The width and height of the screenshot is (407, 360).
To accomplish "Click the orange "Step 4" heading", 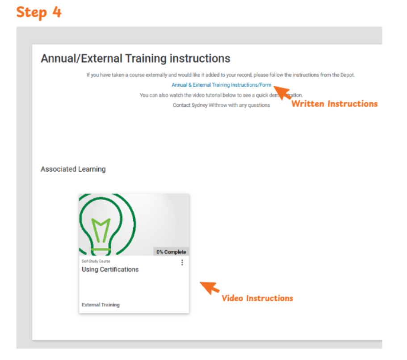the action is pos(39,13).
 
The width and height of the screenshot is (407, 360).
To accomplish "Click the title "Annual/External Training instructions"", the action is pos(135,59).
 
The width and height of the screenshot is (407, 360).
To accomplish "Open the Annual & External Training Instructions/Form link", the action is pos(222,85).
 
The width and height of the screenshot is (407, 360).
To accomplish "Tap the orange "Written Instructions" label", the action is pos(335,104).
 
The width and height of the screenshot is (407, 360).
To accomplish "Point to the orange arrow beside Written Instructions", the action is pos(282,93).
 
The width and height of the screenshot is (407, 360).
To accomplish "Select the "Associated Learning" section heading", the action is pos(73,169).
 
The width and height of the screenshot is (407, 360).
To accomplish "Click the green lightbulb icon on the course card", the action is pos(107,225).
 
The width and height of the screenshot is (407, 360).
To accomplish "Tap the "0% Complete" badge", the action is pos(171,252).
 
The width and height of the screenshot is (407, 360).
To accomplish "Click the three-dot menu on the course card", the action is pos(182,263).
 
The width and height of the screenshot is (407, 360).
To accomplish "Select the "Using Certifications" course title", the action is pos(110,269).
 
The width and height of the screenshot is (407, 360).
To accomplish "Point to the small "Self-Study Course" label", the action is pos(96,261).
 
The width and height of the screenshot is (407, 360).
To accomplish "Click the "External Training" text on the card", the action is pos(101,305).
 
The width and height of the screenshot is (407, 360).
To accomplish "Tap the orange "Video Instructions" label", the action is pos(257,298).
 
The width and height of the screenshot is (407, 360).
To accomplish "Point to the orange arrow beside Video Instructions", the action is pos(210,288).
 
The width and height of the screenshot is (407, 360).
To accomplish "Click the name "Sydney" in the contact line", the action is pos(199,105).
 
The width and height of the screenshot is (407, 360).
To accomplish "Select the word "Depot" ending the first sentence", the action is pos(348,75).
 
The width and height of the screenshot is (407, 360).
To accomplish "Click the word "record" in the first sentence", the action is pos(244,75).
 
